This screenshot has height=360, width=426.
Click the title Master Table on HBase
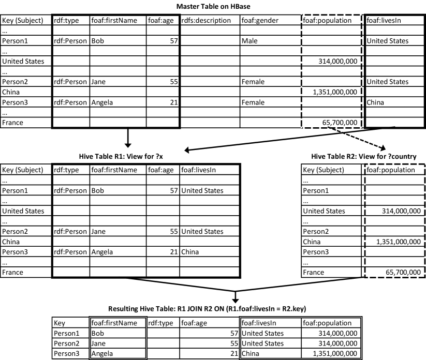[x=213, y=6]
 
